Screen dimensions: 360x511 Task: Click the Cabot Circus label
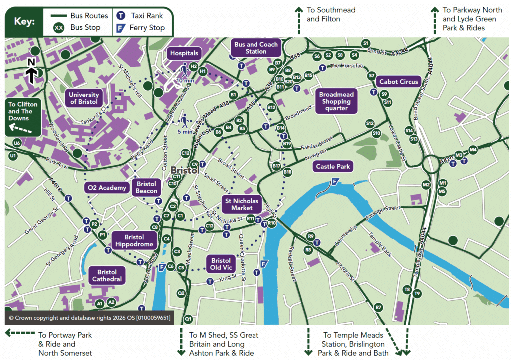[x=399, y=82]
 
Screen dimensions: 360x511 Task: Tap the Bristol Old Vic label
[x=221, y=264]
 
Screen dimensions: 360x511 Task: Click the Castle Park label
[x=333, y=166]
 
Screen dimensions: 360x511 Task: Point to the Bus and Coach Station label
[x=256, y=48]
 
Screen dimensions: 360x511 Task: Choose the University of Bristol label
[x=84, y=98]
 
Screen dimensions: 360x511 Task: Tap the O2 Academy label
[x=106, y=188]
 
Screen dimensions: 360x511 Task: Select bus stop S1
[x=366, y=43]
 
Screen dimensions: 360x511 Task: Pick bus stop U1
[x=13, y=156]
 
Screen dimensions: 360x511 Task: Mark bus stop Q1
[x=188, y=318]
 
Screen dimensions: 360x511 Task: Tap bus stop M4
[x=473, y=150]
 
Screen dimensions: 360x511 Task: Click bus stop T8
[x=407, y=289]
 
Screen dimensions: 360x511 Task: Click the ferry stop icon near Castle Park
[x=334, y=182]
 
